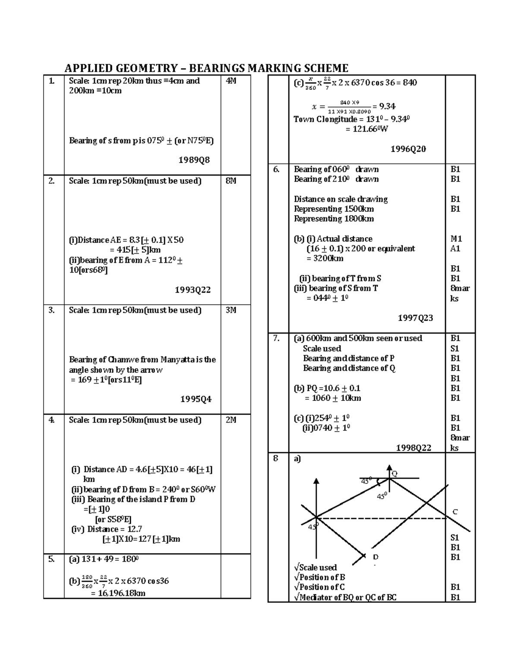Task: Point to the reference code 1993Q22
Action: point(193,290)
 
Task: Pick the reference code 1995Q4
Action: point(196,399)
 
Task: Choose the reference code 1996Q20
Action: point(408,149)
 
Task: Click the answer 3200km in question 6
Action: point(325,258)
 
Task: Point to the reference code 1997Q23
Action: point(415,318)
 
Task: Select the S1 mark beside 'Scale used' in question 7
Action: point(455,348)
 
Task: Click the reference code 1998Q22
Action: point(414,448)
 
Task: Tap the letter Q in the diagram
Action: point(394,474)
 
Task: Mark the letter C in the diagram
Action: point(455,512)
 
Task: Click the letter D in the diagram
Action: point(376,557)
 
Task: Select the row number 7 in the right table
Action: point(276,338)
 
